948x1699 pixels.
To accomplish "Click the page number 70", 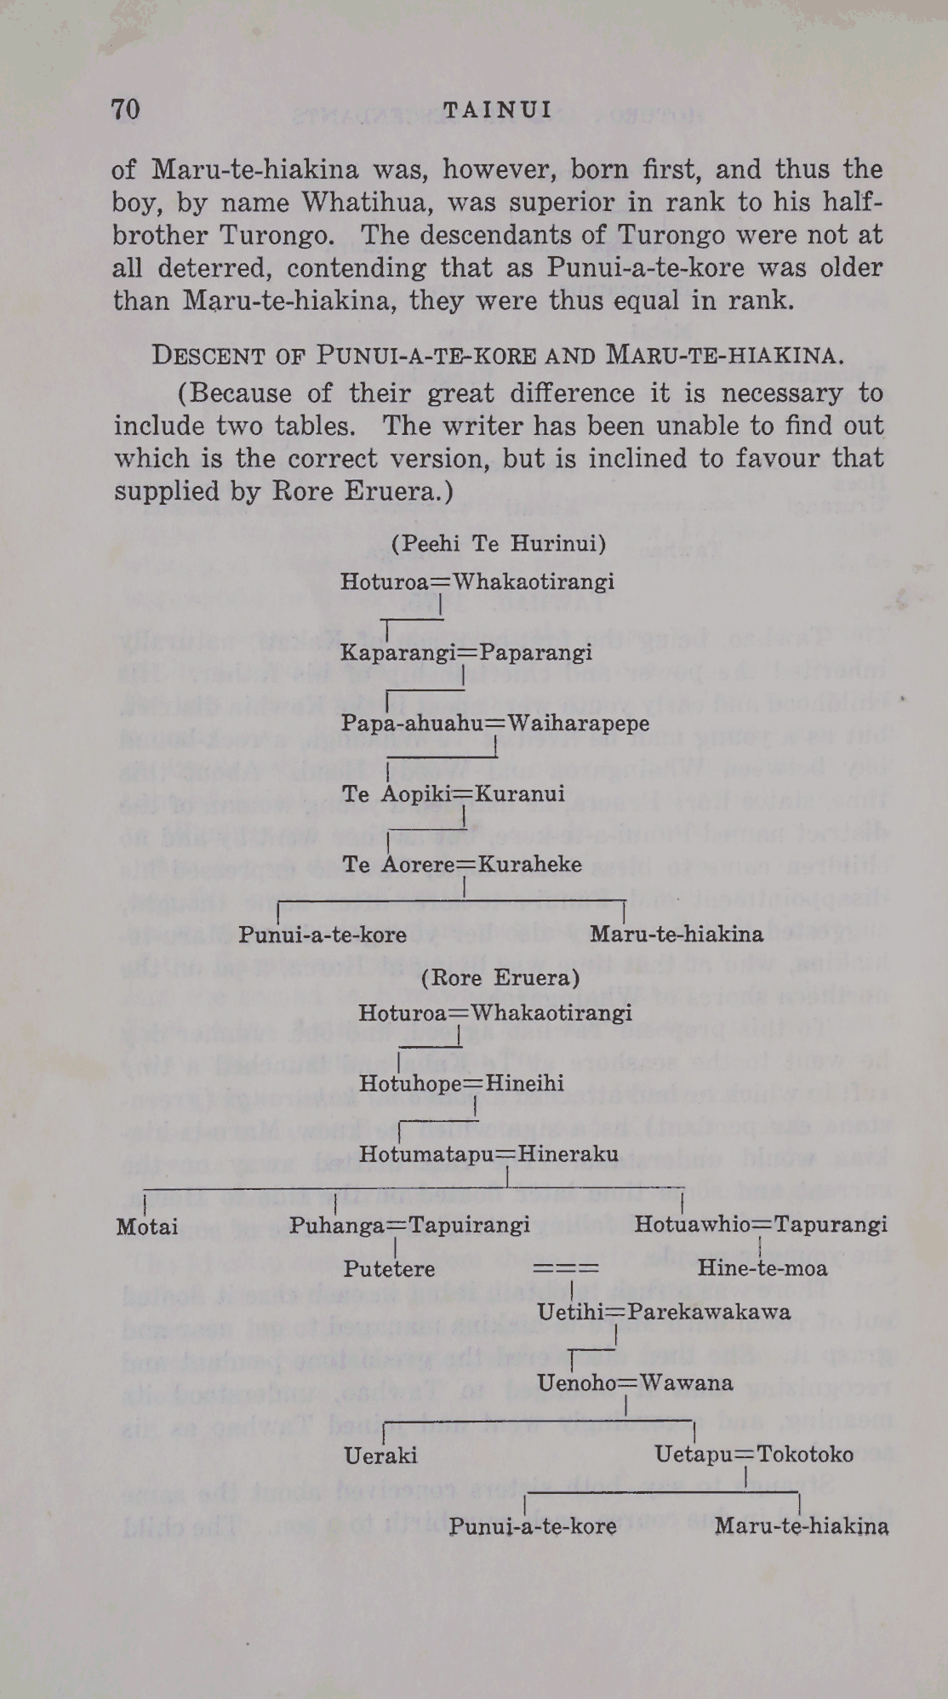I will pos(126,110).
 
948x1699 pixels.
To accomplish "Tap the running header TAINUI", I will pos(498,110).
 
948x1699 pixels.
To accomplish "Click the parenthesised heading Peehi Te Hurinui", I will pos(499,544).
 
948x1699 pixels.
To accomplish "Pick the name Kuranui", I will pos(519,794).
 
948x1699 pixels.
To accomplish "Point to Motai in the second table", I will pos(147,1227).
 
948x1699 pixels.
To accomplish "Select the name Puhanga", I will pos(337,1225).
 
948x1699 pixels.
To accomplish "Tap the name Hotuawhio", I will pos(689,1225).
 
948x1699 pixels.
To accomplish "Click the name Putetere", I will pos(389,1269).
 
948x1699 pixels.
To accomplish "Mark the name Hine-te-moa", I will pos(762,1269).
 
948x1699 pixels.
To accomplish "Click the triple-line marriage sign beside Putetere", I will pos(566,1269).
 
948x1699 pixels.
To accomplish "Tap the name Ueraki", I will pos(380,1456).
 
